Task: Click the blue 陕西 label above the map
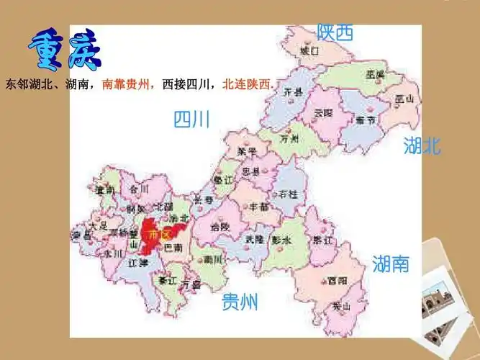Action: (x=335, y=32)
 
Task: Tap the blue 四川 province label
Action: (x=191, y=119)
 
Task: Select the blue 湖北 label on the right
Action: (x=422, y=147)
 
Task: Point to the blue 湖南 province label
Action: (x=391, y=264)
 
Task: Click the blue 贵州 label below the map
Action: (x=240, y=302)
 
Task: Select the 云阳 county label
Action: (x=324, y=113)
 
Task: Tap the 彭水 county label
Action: (x=281, y=240)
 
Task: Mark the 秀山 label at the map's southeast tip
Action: (x=341, y=307)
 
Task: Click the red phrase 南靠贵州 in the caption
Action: (x=128, y=84)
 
